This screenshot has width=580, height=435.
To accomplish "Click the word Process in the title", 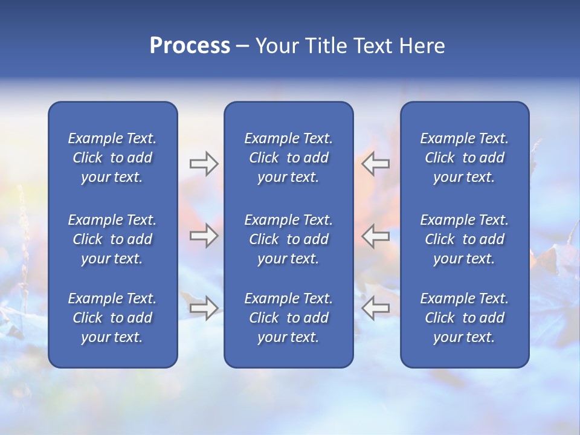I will pyautogui.click(x=190, y=46).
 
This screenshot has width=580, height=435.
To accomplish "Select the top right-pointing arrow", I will pyautogui.click(x=204, y=164).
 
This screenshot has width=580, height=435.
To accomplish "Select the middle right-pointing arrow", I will pyautogui.click(x=204, y=236).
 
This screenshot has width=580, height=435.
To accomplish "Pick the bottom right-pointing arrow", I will pyautogui.click(x=204, y=308).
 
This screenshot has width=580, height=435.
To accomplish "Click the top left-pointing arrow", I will pyautogui.click(x=375, y=164).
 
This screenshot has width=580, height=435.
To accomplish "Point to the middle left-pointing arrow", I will pyautogui.click(x=375, y=236).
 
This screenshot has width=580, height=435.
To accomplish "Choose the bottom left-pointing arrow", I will pyautogui.click(x=375, y=308).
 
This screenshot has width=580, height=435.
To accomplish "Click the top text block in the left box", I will pyautogui.click(x=112, y=158).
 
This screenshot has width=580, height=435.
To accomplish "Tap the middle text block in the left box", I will pyautogui.click(x=112, y=239).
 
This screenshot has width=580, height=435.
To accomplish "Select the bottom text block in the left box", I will pyautogui.click(x=112, y=318).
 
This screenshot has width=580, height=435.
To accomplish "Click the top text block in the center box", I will pyautogui.click(x=289, y=158).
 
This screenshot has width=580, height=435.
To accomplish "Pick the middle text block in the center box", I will pyautogui.click(x=289, y=239).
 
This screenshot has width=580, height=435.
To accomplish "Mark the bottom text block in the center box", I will pyautogui.click(x=289, y=318).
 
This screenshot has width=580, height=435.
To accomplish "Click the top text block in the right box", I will pyautogui.click(x=465, y=158).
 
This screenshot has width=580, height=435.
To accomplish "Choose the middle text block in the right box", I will pyautogui.click(x=465, y=239).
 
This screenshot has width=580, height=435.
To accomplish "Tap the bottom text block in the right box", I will pyautogui.click(x=465, y=318).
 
